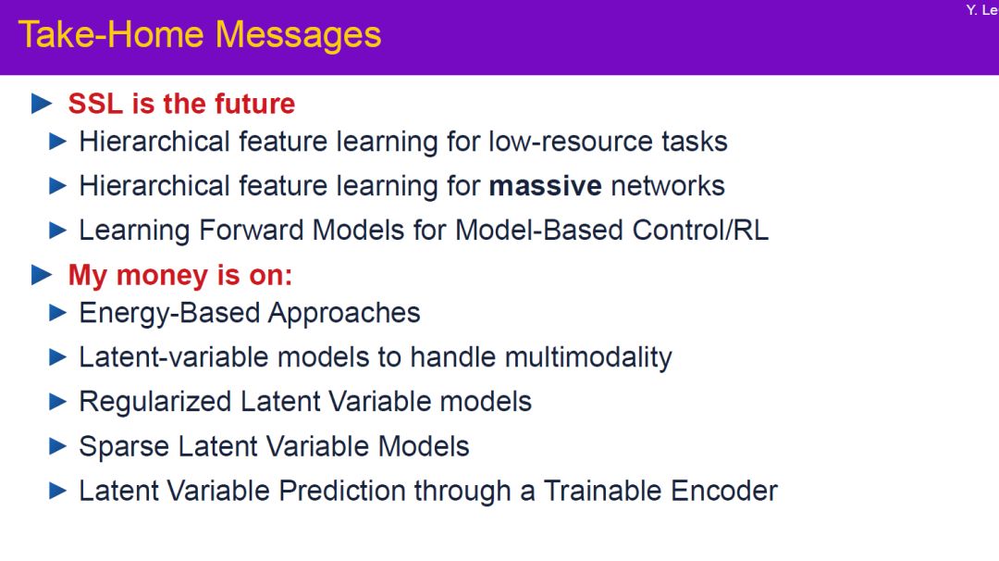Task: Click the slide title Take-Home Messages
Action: coord(200,35)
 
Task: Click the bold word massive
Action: coord(546,186)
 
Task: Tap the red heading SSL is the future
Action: coord(181,104)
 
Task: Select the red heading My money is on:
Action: coord(180,276)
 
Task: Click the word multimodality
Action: coord(588,357)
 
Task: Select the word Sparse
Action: coord(124,447)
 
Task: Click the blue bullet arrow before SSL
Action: coord(42,104)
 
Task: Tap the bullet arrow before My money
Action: coord(42,275)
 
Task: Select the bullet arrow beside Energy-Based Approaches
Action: coord(58,313)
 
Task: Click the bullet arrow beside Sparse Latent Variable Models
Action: coord(58,446)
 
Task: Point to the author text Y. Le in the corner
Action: coord(981,10)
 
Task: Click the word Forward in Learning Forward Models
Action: coord(251,231)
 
